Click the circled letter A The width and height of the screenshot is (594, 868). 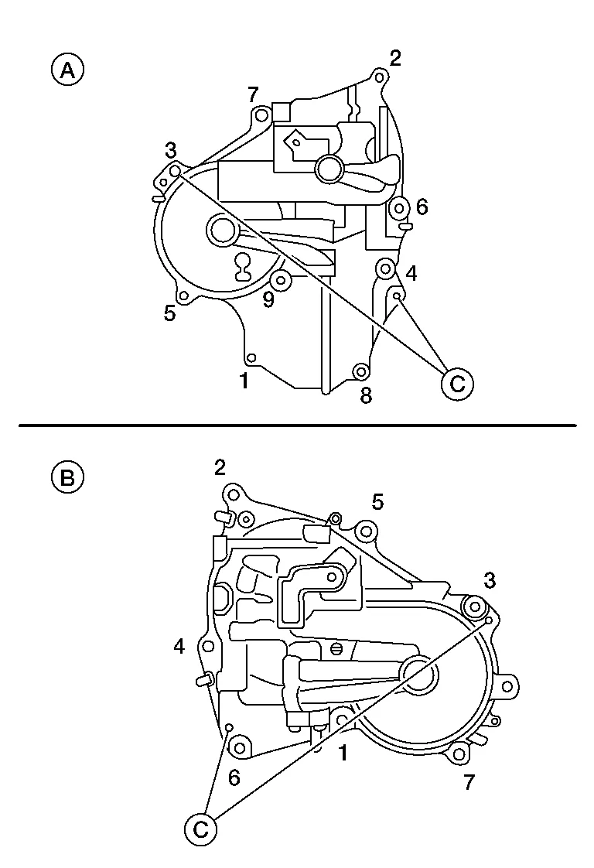coord(67,71)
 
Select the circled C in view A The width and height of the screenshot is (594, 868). coord(457,384)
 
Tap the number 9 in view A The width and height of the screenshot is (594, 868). coord(268,300)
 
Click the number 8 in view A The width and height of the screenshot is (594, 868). coord(366,396)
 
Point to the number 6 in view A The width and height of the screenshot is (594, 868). coord(422,207)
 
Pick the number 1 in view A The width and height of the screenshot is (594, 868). coord(244,381)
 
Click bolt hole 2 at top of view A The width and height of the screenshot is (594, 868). coord(379,77)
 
